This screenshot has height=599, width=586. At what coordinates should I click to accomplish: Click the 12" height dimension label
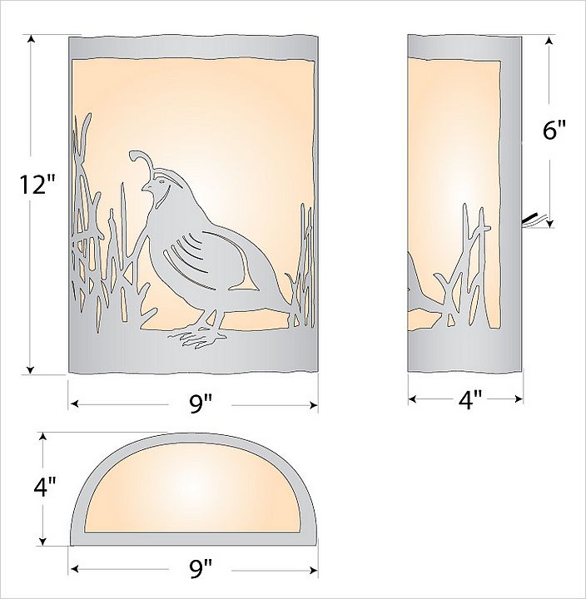pyautogui.click(x=38, y=184)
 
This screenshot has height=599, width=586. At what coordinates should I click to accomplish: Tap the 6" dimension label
pyautogui.click(x=554, y=131)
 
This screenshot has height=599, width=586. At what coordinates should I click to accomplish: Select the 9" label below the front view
pyautogui.click(x=201, y=403)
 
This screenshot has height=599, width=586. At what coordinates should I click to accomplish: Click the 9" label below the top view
pyautogui.click(x=201, y=568)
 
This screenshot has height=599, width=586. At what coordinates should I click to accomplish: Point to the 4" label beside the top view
pyautogui.click(x=45, y=487)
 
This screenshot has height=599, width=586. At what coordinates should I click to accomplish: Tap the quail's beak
pyautogui.click(x=145, y=187)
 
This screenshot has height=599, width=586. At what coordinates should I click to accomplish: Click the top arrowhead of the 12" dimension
pyautogui.click(x=31, y=39)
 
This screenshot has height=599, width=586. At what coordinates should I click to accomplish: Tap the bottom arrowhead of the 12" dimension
pyautogui.click(x=31, y=370)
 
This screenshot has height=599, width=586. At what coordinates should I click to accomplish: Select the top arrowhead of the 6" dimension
pyautogui.click(x=549, y=41)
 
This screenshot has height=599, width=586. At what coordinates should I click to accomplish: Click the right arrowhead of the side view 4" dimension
pyautogui.click(x=519, y=399)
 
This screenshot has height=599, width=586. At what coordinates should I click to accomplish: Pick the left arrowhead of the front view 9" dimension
pyautogui.click(x=75, y=403)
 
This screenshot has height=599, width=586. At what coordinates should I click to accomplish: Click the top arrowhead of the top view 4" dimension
pyautogui.click(x=44, y=438)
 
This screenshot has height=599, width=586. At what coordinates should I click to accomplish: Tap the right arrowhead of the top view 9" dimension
pyautogui.click(x=314, y=571)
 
